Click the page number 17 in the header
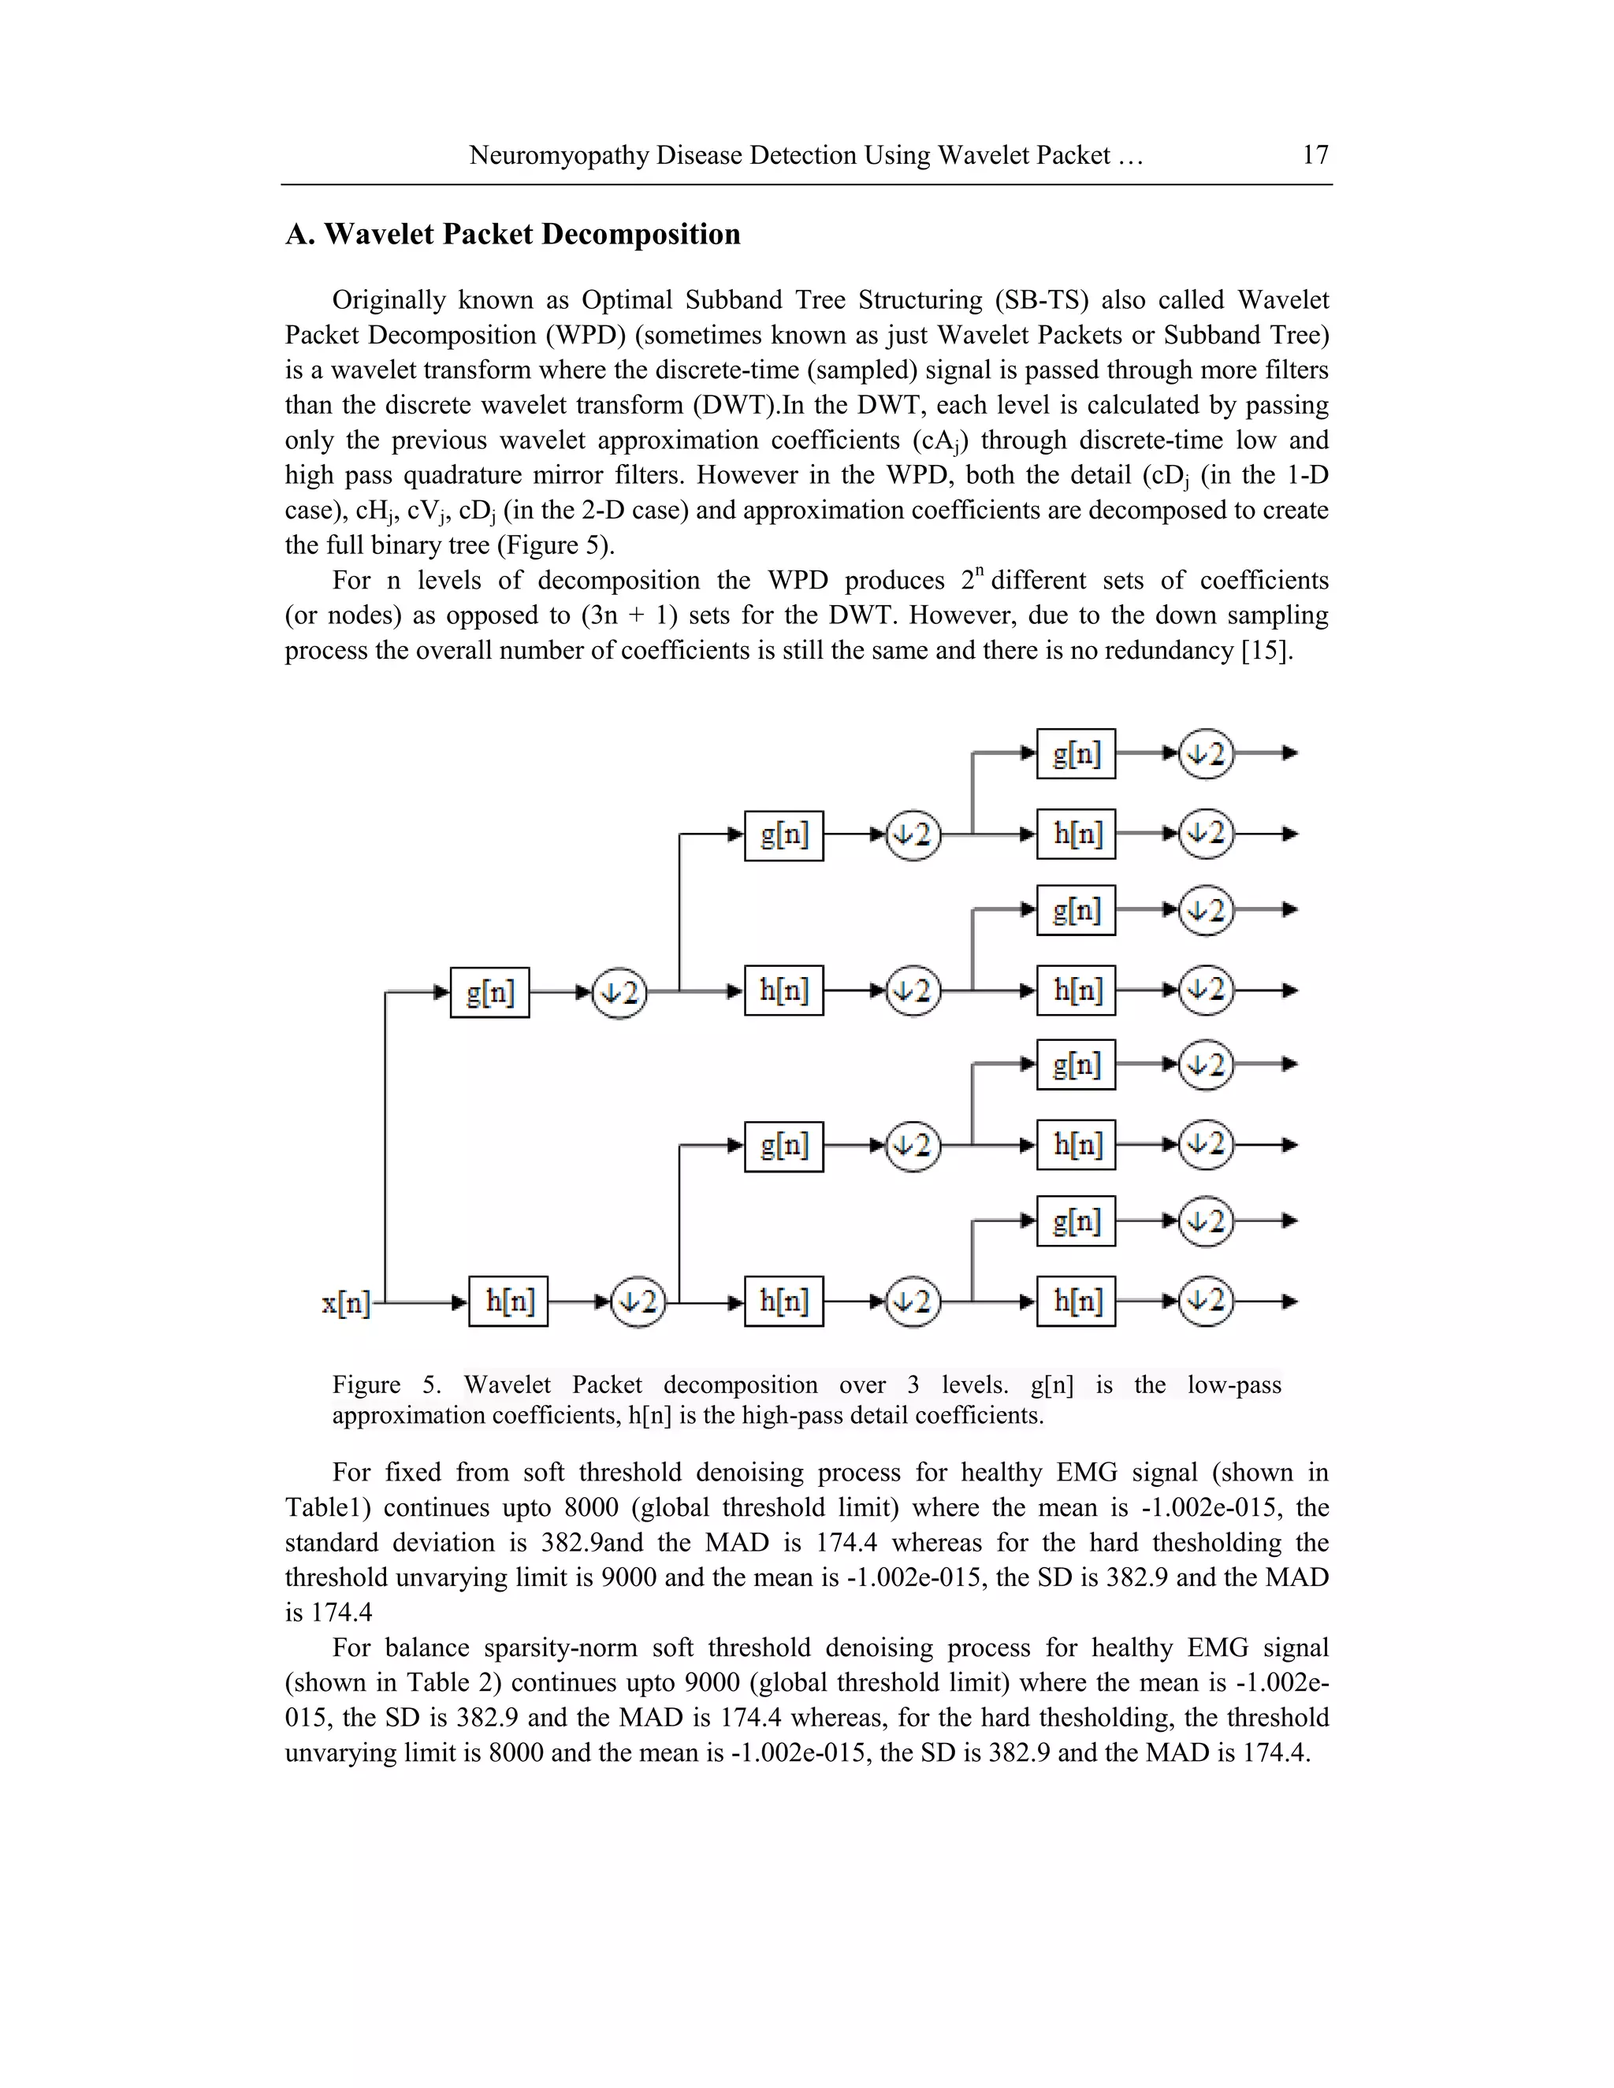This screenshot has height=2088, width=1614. (x=1315, y=155)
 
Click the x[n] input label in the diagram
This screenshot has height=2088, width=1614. (x=345, y=1303)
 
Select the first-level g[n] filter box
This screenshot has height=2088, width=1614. (x=489, y=992)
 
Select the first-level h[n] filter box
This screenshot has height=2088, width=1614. (x=508, y=1301)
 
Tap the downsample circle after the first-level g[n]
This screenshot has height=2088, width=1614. (x=619, y=994)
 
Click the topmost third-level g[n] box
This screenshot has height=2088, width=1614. (x=1076, y=753)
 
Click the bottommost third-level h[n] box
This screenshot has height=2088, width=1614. (x=1076, y=1301)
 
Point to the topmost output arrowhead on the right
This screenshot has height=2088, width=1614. (x=1290, y=753)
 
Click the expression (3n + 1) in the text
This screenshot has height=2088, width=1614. (x=629, y=615)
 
